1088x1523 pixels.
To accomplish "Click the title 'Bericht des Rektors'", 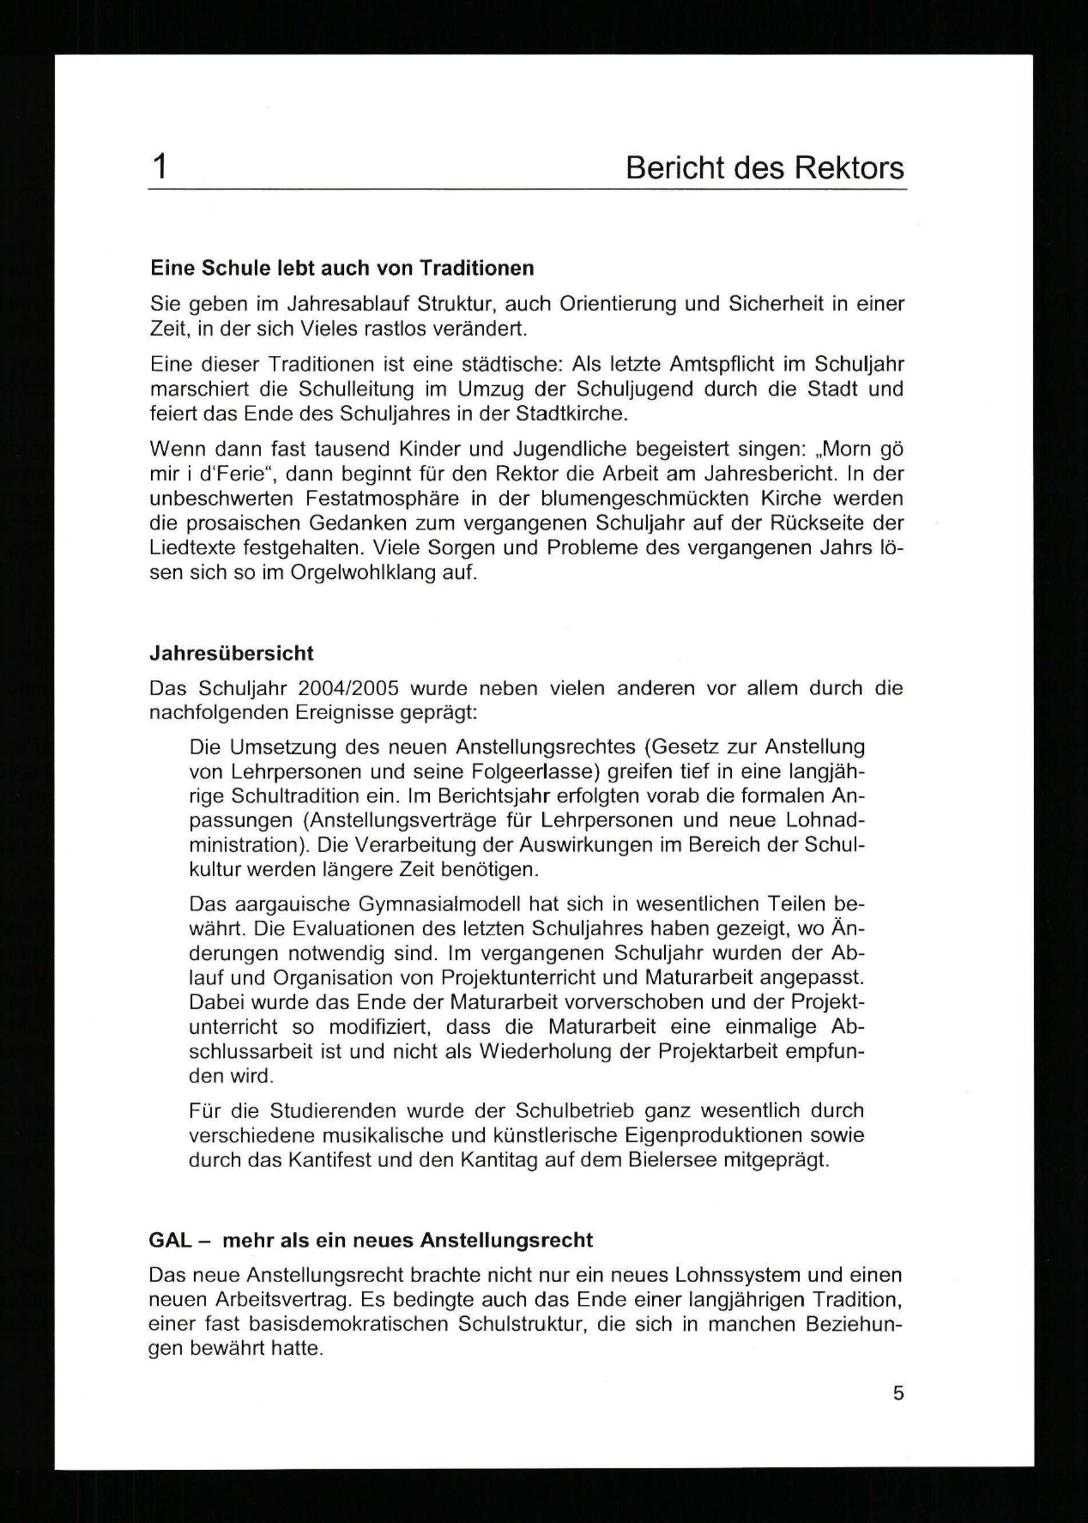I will coord(764,168).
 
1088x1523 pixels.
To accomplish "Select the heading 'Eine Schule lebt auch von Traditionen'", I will coord(342,268).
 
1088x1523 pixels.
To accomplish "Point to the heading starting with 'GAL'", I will coord(370,1240).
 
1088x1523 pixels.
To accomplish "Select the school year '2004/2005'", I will coord(348,688).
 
